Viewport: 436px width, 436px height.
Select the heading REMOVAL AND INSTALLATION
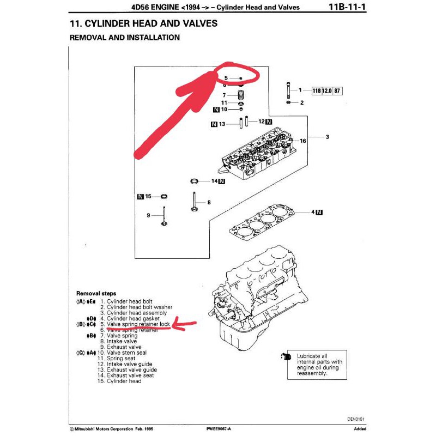click(x=125, y=38)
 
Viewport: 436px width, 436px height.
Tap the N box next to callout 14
click(x=222, y=181)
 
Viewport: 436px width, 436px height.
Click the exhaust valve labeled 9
click(x=164, y=216)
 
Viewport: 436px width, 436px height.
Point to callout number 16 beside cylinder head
click(x=302, y=141)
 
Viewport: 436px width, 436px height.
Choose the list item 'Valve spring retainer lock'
click(x=138, y=324)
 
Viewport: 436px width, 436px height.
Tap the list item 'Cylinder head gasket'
click(x=133, y=318)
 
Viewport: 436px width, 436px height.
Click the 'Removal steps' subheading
click(x=96, y=293)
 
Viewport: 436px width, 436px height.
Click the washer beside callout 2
click(x=288, y=102)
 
